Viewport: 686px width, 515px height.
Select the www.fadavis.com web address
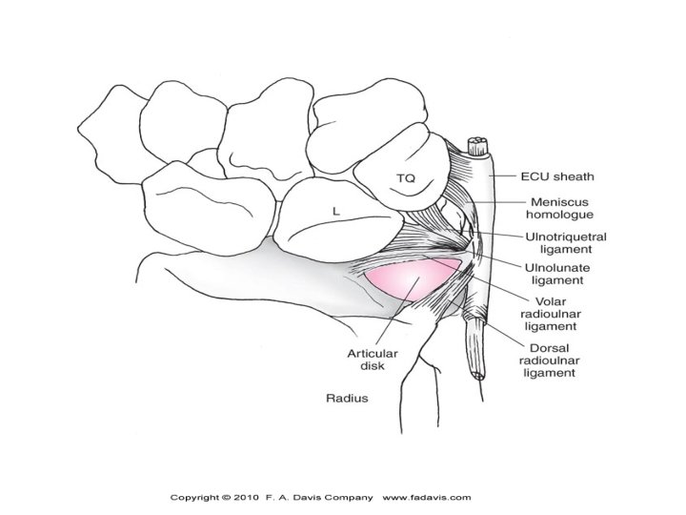(428, 497)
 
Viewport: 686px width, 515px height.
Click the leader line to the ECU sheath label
(508, 175)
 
